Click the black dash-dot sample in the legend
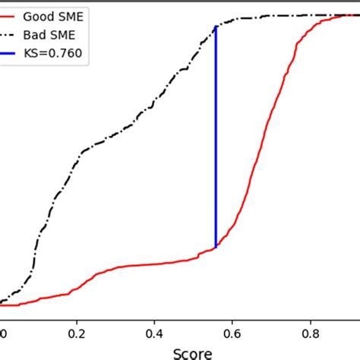click(9, 35)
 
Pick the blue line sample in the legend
click(9, 53)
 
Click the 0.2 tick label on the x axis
click(77, 333)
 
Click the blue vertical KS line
click(216, 137)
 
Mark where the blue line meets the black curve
click(216, 27)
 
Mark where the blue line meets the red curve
click(216, 247)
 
